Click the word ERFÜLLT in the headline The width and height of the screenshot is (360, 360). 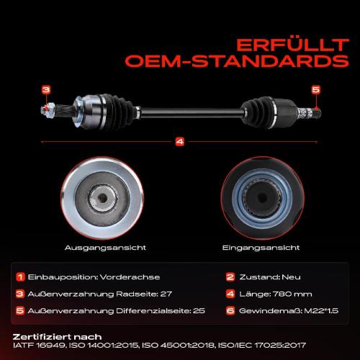[292, 45]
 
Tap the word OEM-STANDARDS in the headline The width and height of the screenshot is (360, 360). [237, 61]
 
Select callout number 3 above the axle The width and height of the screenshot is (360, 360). [46, 90]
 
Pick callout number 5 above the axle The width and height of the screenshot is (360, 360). [316, 90]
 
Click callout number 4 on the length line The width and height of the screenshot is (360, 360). [180, 142]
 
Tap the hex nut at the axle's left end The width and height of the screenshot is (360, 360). [48, 110]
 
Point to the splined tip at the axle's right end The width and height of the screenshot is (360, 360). [316, 112]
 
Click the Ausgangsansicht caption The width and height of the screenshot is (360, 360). [105, 248]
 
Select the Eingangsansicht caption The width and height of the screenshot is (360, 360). [261, 248]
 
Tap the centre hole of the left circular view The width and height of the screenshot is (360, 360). [103, 198]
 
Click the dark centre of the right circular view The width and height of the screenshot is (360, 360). [261, 198]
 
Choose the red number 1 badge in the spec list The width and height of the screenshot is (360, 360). [20, 277]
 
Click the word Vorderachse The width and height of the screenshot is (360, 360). [130, 277]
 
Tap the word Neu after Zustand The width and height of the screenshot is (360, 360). [291, 277]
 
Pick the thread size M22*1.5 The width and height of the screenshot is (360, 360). [321, 311]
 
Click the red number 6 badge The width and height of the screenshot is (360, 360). [230, 311]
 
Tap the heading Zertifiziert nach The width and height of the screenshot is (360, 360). [57, 337]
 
